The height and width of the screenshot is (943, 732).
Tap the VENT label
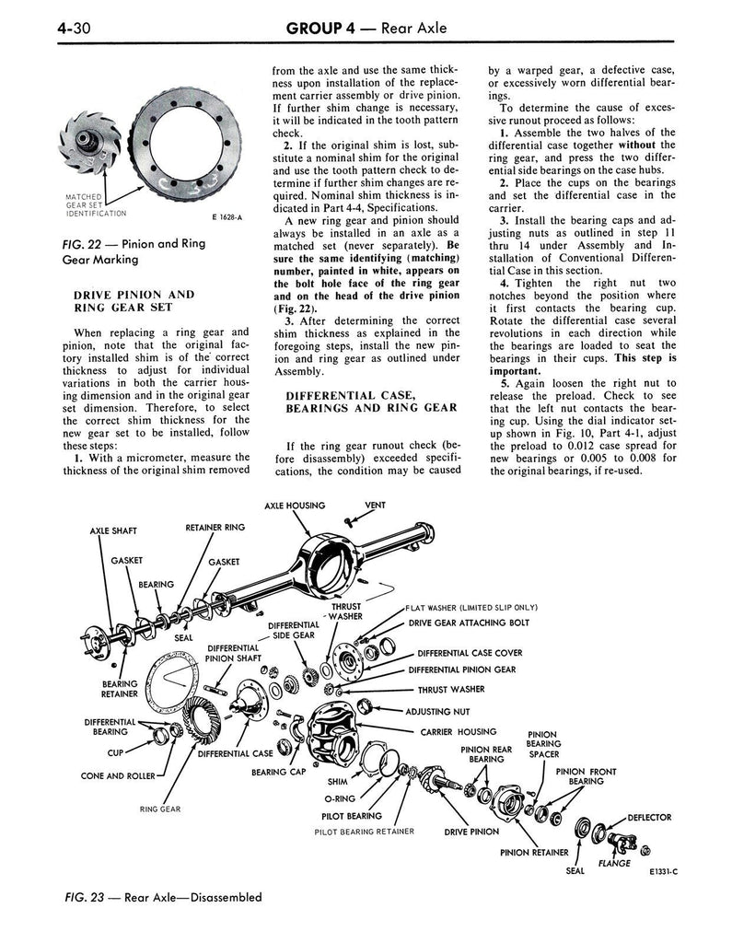tap(375, 506)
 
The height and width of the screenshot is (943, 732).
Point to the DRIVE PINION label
tap(471, 831)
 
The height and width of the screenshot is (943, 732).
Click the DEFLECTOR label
tap(648, 817)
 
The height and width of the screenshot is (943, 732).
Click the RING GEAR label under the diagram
tap(160, 809)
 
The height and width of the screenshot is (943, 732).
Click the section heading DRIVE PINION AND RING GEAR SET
tap(133, 301)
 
